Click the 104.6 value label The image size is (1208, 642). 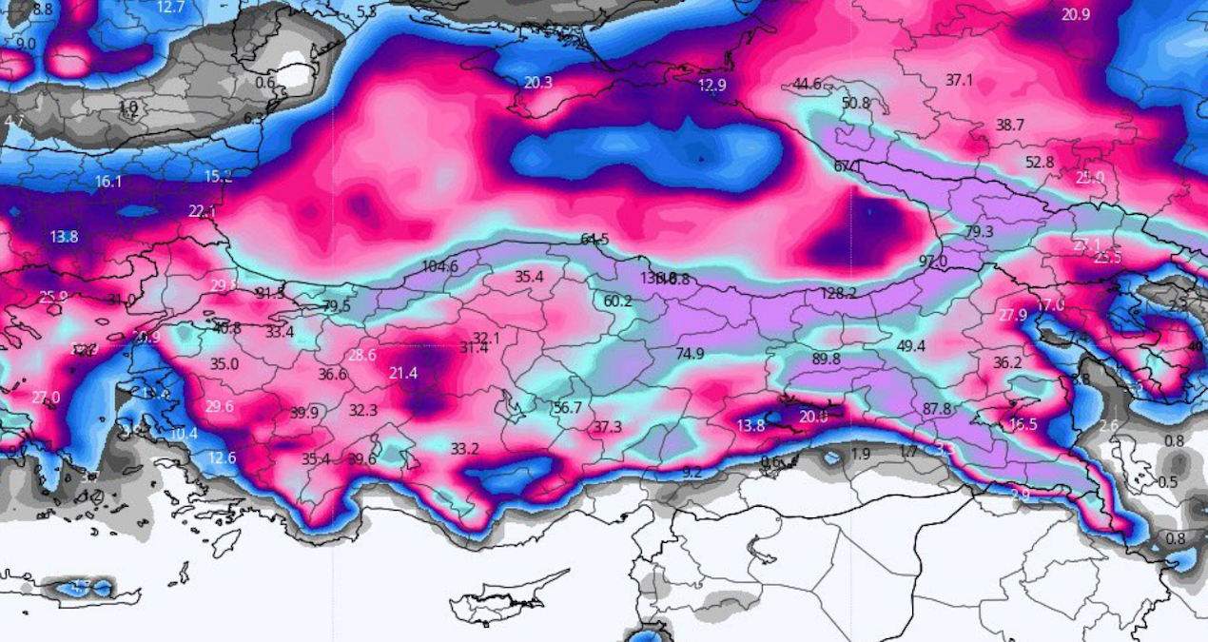(439, 266)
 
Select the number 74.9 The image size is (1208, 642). (690, 354)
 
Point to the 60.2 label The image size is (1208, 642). (617, 302)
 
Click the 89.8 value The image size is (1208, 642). (827, 359)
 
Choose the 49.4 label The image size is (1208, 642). (911, 345)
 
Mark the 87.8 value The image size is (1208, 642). (937, 408)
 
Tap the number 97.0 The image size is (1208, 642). (932, 262)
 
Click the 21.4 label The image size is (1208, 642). (403, 374)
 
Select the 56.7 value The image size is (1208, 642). (567, 407)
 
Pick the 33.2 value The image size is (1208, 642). (464, 448)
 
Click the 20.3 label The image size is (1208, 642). (537, 83)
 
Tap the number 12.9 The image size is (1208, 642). (711, 86)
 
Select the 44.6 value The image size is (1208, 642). (807, 85)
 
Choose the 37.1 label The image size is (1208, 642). (959, 80)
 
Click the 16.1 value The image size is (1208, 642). (108, 181)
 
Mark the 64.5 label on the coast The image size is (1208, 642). (594, 239)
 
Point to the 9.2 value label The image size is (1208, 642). (692, 472)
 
